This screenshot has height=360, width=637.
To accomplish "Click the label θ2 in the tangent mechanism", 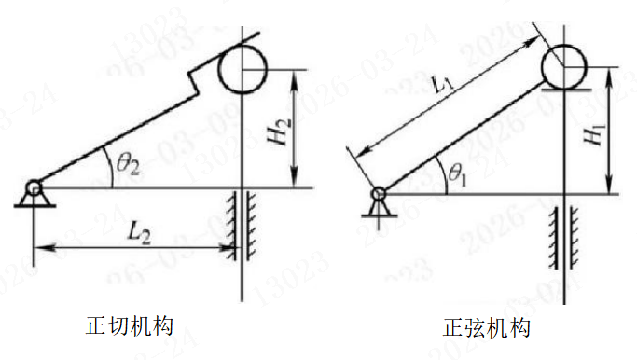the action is (127, 164).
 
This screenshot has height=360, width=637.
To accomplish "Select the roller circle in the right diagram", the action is (564, 64).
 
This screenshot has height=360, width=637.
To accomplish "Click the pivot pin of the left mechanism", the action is (34, 188).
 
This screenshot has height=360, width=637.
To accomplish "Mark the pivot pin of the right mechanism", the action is (379, 194).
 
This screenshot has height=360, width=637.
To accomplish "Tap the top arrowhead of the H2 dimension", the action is (295, 74).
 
